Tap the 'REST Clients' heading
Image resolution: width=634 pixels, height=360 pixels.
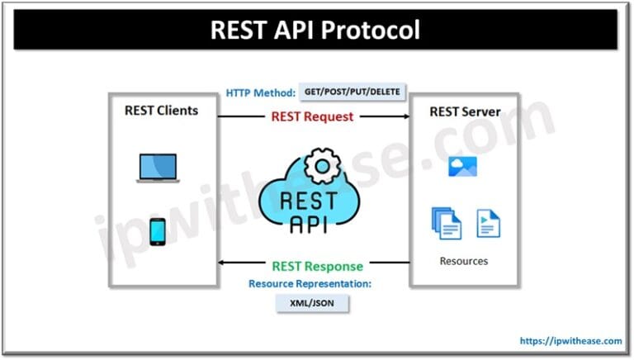[162, 109]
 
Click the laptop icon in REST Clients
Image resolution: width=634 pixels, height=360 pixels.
[158, 168]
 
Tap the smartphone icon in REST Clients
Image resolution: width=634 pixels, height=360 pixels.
[158, 231]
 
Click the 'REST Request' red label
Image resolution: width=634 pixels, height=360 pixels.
[312, 116]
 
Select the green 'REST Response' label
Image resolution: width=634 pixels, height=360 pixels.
[317, 267]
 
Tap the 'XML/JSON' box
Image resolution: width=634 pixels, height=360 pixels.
[312, 304]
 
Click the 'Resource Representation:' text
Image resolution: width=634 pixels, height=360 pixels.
[311, 283]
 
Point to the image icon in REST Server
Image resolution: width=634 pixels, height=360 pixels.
[460, 167]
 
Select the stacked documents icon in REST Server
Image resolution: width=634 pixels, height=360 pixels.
[445, 222]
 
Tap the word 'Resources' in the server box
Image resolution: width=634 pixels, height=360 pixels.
[463, 261]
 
